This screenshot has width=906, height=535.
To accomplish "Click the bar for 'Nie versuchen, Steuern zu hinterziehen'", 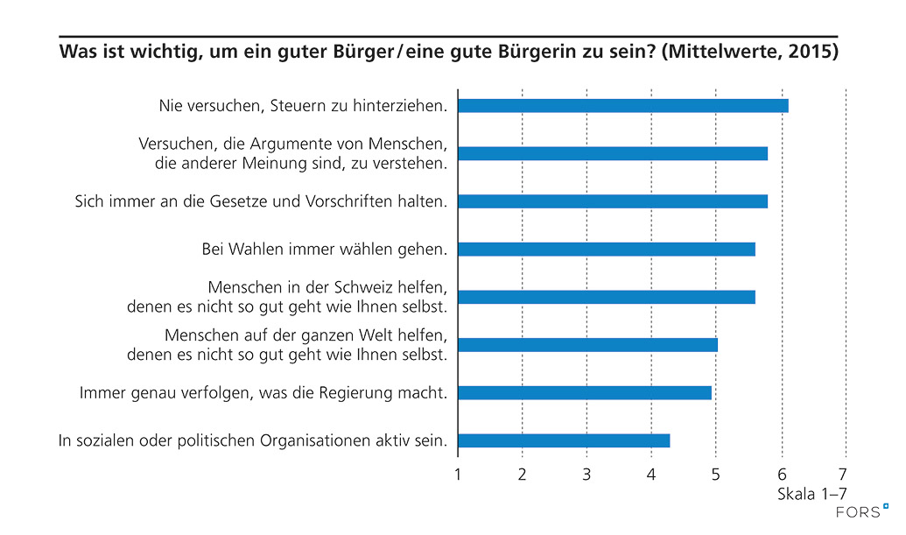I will pos(622,106).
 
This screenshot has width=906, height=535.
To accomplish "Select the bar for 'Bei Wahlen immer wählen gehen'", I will pos(606,250).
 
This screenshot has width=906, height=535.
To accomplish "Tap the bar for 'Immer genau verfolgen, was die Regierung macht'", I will pos(584,392).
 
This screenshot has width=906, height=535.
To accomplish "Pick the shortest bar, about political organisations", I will pos(563,440).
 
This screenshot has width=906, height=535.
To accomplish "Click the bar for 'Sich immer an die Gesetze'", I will pos(612,201).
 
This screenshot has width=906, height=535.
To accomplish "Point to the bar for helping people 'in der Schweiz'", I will pos(606,297).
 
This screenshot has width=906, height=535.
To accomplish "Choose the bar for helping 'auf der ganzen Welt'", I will pos(587,345).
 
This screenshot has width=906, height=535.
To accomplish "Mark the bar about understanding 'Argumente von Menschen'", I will pos(612,154).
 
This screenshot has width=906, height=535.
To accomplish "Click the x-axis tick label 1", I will pos(458,475).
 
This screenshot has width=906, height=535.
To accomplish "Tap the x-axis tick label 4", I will pos(651,475).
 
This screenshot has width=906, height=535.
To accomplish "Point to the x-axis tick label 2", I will pos(523,475).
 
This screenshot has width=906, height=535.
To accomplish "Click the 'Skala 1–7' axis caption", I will pos(812,495).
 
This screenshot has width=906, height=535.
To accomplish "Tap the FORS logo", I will pos(863,511).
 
